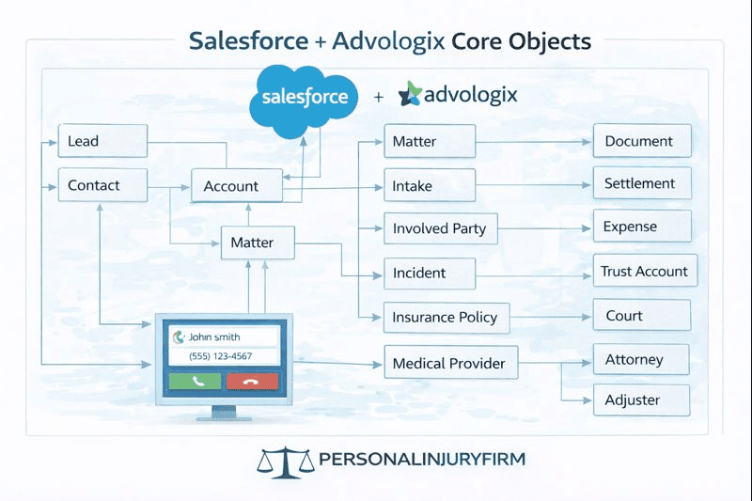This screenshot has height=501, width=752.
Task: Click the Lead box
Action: (x=102, y=141)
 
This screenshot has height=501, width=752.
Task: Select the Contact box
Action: (x=102, y=185)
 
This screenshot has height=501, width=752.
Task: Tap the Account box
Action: (x=237, y=186)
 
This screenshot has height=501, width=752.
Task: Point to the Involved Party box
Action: (x=440, y=228)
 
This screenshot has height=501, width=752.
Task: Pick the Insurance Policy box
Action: (x=446, y=318)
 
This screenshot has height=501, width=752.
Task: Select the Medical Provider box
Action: (x=450, y=363)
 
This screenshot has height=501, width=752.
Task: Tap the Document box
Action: (x=642, y=141)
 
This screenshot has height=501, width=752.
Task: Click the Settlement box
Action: (x=642, y=183)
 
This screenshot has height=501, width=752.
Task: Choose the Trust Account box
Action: (x=645, y=272)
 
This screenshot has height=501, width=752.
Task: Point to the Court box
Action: (x=642, y=316)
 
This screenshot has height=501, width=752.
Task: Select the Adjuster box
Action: (x=642, y=399)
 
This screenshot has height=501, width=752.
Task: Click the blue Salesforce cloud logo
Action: (x=305, y=97)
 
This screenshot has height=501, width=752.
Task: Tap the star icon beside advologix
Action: (x=411, y=95)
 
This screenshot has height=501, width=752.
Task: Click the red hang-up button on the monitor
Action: (x=252, y=381)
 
